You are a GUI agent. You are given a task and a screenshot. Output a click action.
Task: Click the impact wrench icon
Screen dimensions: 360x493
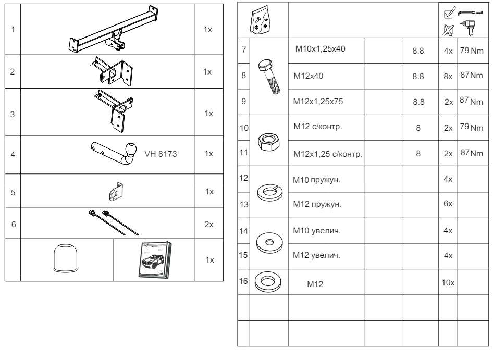pos(465,31)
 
